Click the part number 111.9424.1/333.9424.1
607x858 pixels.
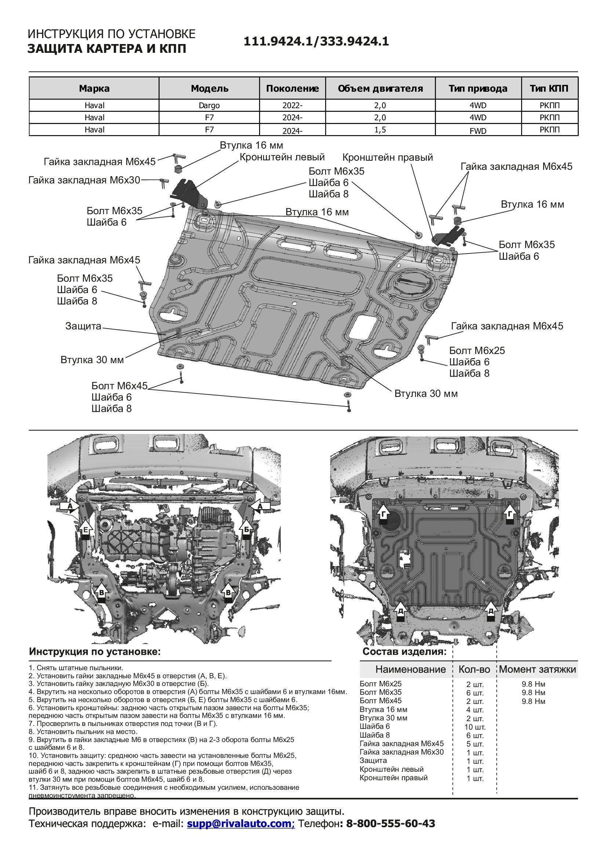[316, 41]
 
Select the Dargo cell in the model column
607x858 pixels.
[209, 105]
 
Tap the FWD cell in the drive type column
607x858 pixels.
[478, 131]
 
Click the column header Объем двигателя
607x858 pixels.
[380, 88]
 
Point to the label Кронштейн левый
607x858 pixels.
[282, 157]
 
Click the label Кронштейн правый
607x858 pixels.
[387, 157]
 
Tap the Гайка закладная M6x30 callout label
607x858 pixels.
[84, 180]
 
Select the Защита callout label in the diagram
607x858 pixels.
[83, 326]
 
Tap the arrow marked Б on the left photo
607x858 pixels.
[247, 530]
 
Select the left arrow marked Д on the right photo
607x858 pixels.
[400, 612]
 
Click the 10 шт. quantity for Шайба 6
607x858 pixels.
[475, 727]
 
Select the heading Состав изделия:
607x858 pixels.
[404, 652]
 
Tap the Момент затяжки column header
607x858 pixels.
[537, 669]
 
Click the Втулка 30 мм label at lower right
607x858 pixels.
[426, 394]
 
